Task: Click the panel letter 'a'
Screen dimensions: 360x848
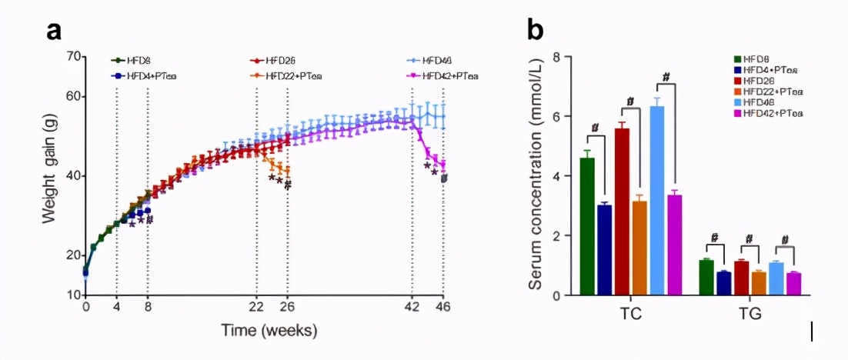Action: (x=53, y=32)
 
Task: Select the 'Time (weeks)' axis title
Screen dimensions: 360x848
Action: (x=269, y=330)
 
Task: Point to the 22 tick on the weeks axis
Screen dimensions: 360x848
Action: (x=256, y=306)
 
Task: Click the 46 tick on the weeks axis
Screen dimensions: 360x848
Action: (x=443, y=306)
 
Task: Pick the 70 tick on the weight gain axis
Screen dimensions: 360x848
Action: (x=74, y=57)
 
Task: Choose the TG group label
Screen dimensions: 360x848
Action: (x=747, y=315)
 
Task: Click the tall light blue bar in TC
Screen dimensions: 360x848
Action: (x=657, y=200)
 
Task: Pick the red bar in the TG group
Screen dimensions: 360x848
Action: (x=741, y=278)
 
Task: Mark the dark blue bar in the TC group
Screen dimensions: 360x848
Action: (x=605, y=249)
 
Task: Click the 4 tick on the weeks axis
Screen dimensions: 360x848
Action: (x=116, y=306)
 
